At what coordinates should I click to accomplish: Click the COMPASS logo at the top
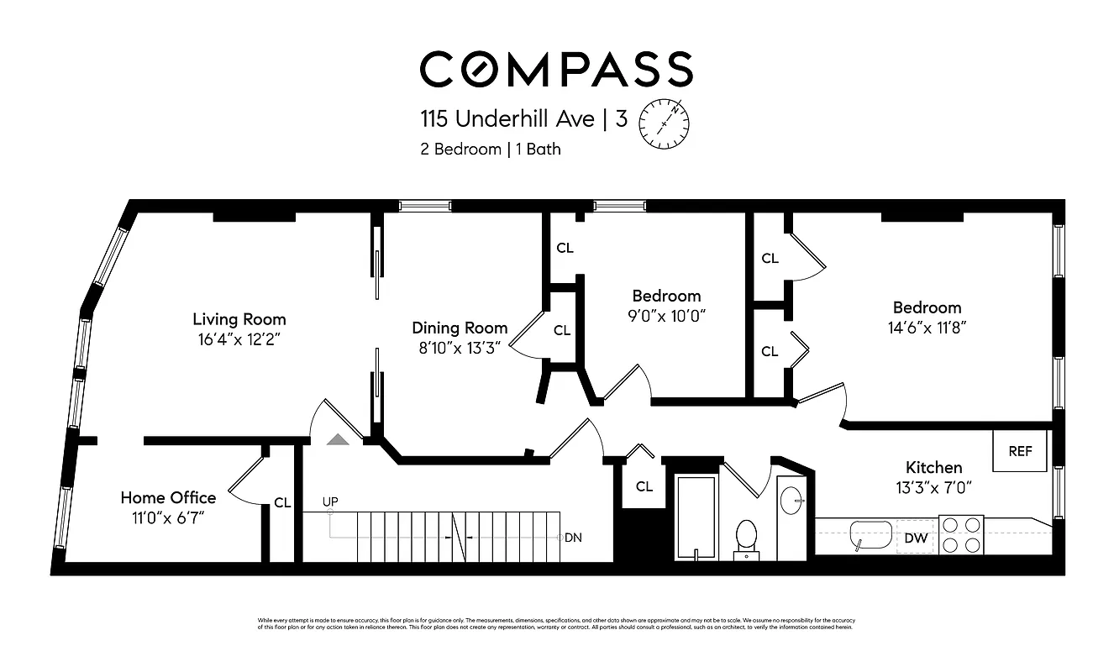click(556, 69)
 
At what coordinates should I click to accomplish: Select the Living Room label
click(239, 319)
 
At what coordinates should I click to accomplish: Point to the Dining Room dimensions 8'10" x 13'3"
click(459, 348)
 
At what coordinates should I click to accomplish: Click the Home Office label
click(168, 497)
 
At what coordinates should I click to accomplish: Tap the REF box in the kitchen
click(1020, 451)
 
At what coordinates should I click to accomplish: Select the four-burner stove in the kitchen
click(960, 534)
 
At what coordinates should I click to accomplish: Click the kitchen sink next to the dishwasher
click(870, 535)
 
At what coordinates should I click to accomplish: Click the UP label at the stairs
click(330, 502)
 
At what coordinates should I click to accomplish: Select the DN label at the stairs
click(573, 538)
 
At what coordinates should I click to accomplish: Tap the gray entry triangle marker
click(337, 439)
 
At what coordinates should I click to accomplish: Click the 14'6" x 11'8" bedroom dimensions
click(927, 328)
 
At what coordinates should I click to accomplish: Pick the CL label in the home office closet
click(282, 503)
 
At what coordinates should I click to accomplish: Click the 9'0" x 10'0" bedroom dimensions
click(666, 316)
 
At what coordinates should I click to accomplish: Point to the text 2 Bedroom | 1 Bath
click(491, 150)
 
